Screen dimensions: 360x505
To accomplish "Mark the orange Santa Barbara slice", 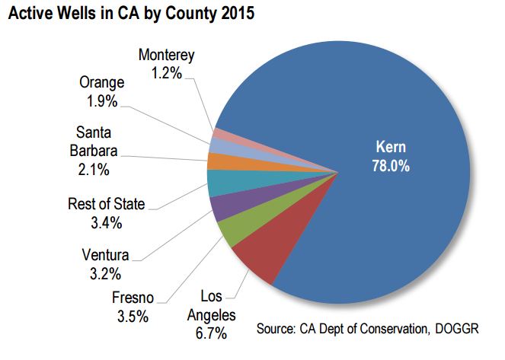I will (x=220, y=162).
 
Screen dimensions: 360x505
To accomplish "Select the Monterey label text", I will (x=167, y=56).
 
